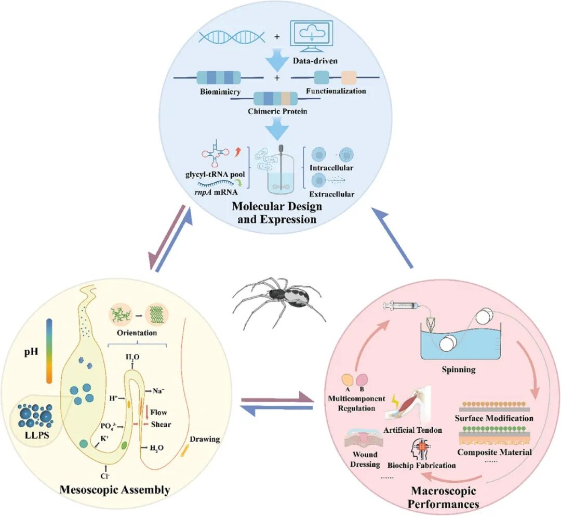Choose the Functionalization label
[336, 91]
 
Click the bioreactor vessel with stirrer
[280, 171]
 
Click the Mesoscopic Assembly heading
[115, 489]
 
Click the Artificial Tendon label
[413, 430]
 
